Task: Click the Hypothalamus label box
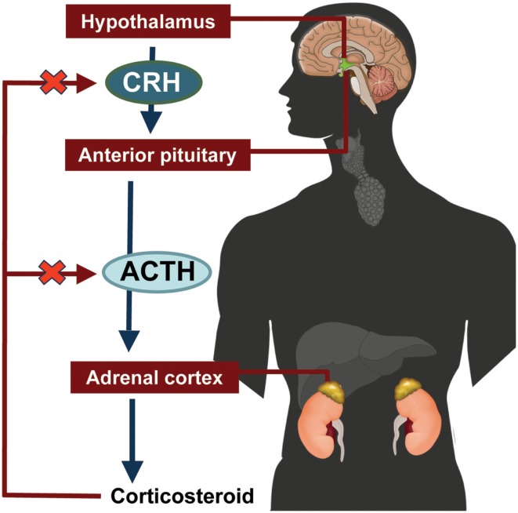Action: (x=147, y=22)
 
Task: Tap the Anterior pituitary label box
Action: (x=157, y=155)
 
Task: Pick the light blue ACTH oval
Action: (x=159, y=272)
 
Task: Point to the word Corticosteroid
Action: (x=181, y=497)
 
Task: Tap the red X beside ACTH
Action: (x=52, y=274)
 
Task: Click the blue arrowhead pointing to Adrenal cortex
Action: (x=129, y=340)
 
